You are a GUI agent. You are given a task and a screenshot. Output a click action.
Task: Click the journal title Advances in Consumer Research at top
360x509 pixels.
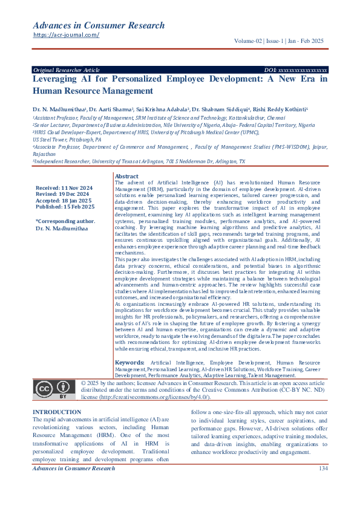pos(98,25)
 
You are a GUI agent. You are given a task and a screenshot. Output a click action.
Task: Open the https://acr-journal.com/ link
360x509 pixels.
pos(66,35)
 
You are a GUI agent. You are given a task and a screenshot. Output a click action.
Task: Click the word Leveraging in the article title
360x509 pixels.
pos(58,79)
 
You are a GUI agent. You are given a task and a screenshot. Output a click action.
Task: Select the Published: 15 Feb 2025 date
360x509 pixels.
pos(65,207)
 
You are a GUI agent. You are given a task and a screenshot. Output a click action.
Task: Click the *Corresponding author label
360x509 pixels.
pos(65,221)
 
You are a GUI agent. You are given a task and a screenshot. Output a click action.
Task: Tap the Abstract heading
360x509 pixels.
pos(126,176)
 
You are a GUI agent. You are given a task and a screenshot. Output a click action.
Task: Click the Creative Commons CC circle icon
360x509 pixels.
pos(45,388)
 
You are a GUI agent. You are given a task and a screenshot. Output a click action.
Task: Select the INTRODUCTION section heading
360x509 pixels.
pos(57,411)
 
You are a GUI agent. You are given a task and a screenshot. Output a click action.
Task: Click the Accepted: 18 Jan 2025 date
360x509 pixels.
pos(63,201)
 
